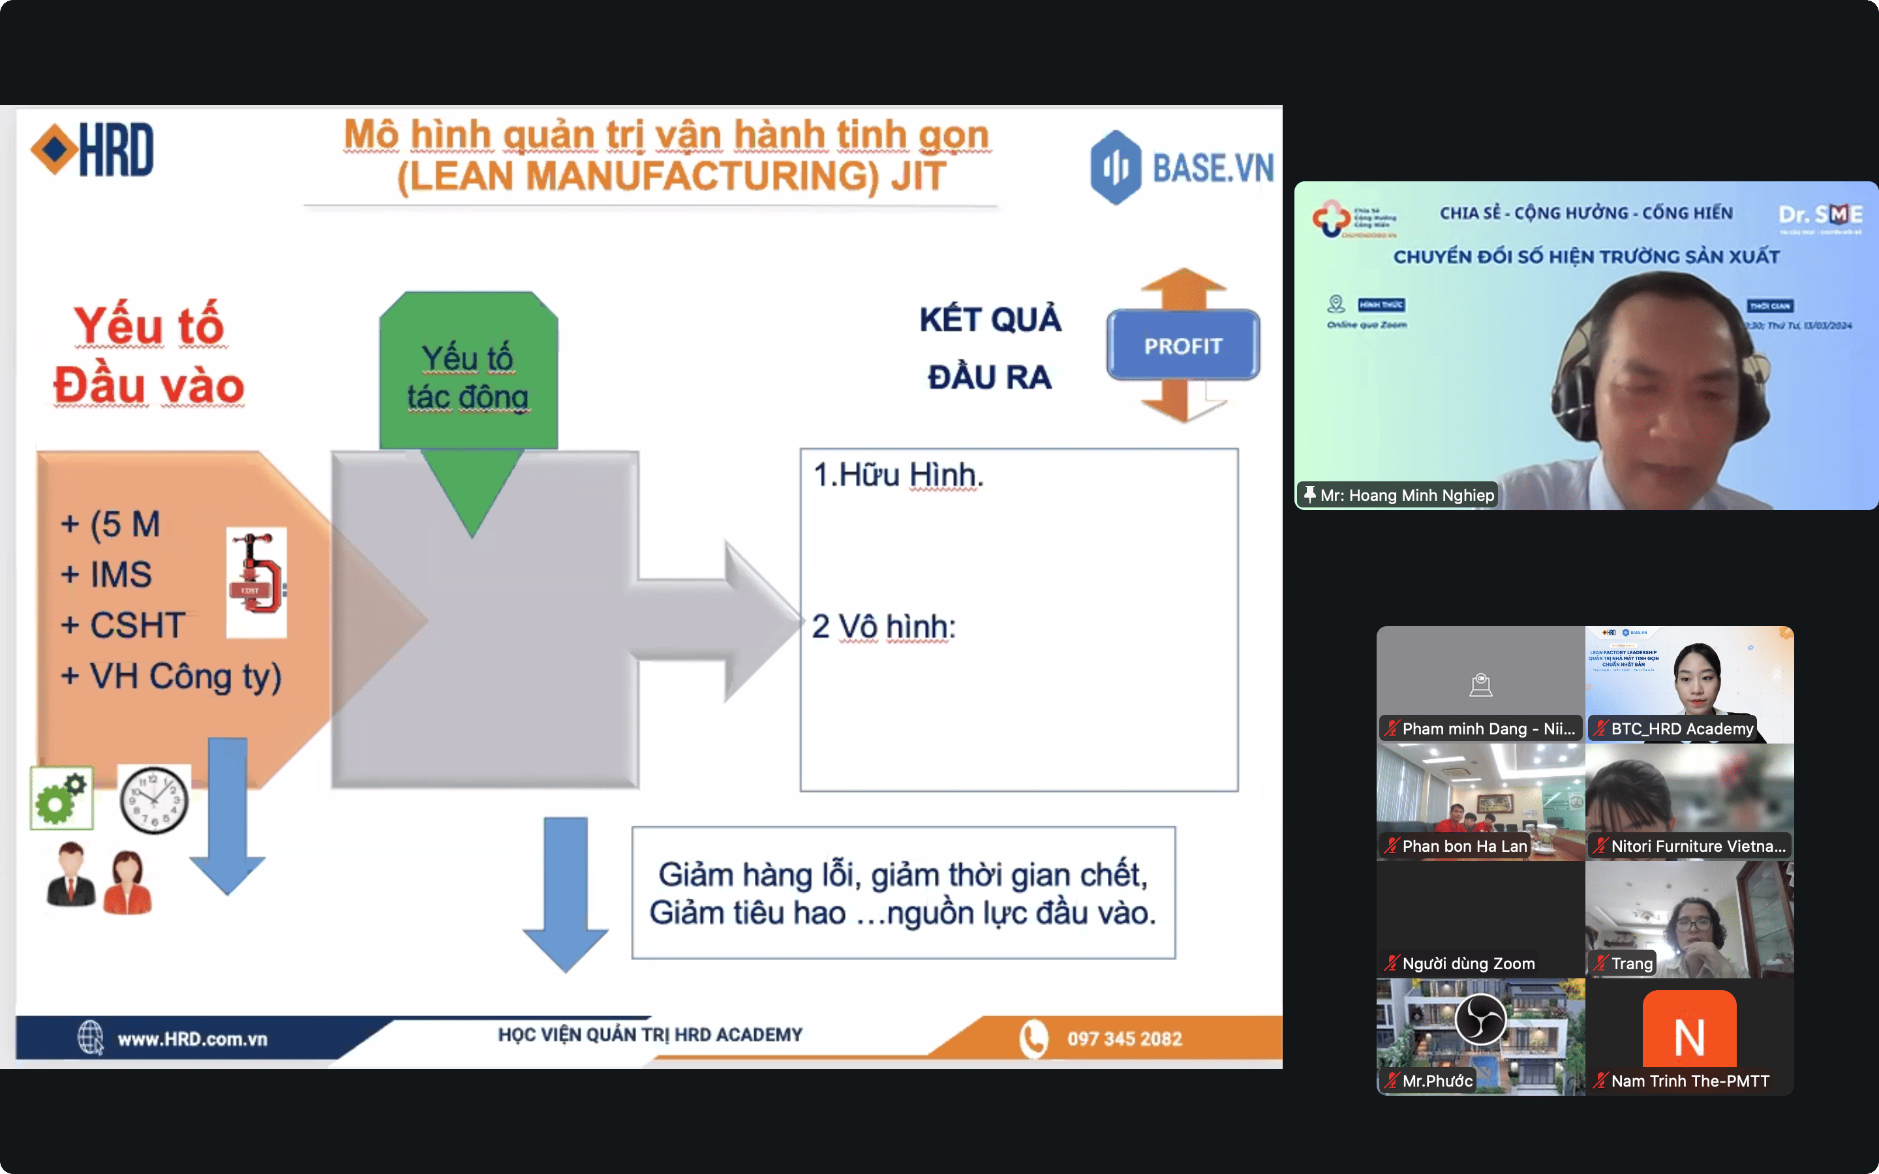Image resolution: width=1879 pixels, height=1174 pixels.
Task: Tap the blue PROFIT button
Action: pos(1182,346)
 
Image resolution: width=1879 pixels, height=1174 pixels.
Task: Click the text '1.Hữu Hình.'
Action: pos(898,474)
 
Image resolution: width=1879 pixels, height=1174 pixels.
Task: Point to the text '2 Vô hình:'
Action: pos(883,627)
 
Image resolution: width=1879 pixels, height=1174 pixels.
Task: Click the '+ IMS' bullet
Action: pos(107,575)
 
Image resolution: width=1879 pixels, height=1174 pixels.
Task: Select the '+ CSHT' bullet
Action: pos(123,625)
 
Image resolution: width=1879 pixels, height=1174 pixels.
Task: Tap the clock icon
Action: pos(154,799)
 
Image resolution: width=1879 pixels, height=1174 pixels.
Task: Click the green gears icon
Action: pos(61,798)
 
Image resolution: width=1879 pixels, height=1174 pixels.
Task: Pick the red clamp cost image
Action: pos(257,582)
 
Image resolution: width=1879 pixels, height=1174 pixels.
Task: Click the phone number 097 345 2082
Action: pos(1123,1039)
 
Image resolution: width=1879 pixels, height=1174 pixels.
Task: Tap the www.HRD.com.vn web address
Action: pos(192,1039)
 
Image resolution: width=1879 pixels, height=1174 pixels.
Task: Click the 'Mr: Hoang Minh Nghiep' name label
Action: pos(1406,496)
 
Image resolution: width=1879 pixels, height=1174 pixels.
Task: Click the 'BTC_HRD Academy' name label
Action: pos(1681,729)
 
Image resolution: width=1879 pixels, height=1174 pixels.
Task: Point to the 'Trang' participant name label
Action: pos(1630,963)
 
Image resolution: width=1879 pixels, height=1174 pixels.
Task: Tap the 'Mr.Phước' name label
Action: pos(1437,1081)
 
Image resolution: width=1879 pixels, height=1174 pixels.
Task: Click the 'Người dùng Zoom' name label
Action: pos(1467,963)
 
